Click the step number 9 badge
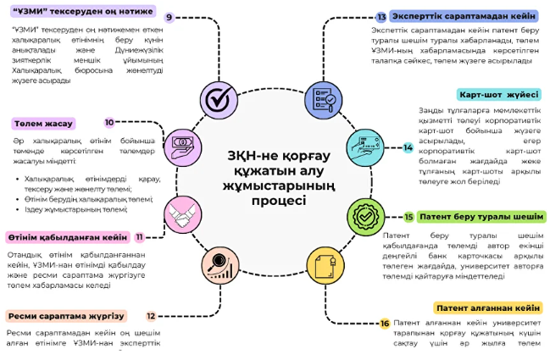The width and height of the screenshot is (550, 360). pyautogui.click(x=169, y=17)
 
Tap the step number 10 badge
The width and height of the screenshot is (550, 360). pyautogui.click(x=109, y=122)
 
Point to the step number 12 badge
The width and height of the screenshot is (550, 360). pyautogui.click(x=151, y=316)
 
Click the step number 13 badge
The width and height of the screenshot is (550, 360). pyautogui.click(x=381, y=16)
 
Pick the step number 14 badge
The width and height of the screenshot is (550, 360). pyautogui.click(x=408, y=147)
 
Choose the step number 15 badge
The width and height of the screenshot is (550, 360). pyautogui.click(x=408, y=217)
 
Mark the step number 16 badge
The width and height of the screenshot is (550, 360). pyautogui.click(x=385, y=324)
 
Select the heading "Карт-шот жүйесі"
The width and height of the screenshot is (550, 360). pyautogui.click(x=498, y=94)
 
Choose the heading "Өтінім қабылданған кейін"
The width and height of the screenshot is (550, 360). pyautogui.click(x=68, y=237)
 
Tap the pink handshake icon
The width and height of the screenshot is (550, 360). pyautogui.click(x=182, y=211)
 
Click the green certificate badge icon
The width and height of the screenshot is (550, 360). pyautogui.click(x=365, y=215)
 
